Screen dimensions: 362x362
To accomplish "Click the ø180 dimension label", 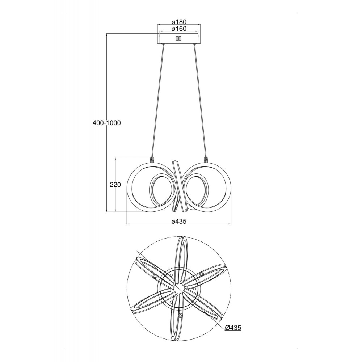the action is point(179,22).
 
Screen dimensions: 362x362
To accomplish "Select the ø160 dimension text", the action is point(179,29).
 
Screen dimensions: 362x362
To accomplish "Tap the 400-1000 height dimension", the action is point(107,123).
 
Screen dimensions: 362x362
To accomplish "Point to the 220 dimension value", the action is point(115,185).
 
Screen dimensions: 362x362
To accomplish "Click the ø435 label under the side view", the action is point(179,221).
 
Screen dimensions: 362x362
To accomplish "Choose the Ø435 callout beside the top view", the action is point(233,327).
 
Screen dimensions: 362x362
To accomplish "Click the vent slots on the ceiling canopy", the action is point(178,38).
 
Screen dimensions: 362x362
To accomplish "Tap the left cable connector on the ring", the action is point(152,159).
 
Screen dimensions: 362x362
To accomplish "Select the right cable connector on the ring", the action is point(206,159).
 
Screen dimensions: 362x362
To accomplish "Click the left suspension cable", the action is point(158,101).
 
